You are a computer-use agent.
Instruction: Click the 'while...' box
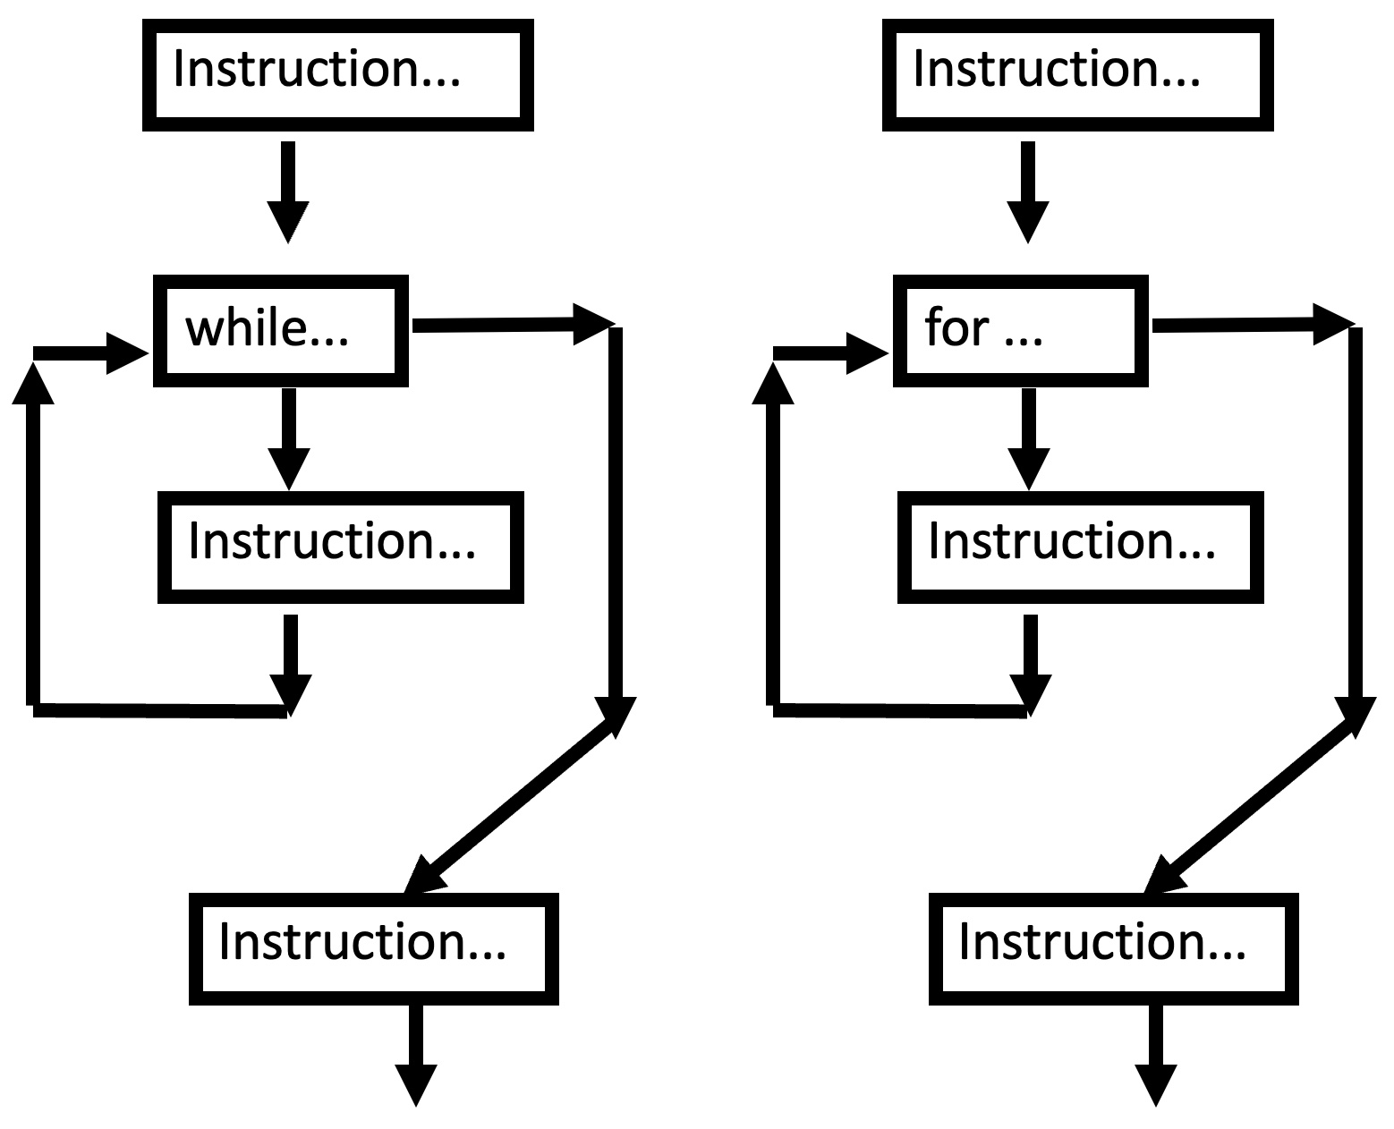[x=280, y=330]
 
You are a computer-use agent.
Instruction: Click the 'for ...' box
[x=1020, y=330]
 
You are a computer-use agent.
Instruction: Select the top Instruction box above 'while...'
[x=337, y=75]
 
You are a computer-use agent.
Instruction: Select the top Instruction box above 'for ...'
[x=1077, y=75]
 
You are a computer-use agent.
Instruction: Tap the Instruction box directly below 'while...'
[x=340, y=547]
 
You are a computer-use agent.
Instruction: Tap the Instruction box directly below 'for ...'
[x=1080, y=547]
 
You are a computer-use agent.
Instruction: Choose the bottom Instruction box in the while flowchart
[x=373, y=948]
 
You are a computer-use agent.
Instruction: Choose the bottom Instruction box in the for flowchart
[x=1113, y=948]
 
